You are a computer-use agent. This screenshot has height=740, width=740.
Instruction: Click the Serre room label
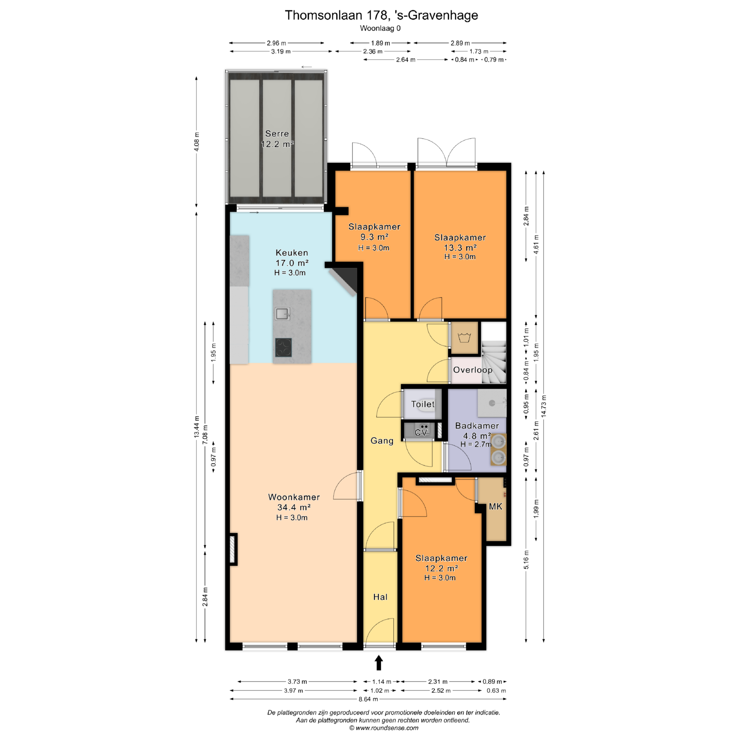277,134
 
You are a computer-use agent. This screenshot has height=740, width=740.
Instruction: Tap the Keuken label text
292,253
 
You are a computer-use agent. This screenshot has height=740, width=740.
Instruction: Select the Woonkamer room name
294,497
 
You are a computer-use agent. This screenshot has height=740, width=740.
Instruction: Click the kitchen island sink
283,314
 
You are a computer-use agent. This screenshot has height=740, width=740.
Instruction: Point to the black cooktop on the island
283,347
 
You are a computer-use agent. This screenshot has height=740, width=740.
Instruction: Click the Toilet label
423,404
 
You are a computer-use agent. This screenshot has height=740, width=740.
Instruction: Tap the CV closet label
420,432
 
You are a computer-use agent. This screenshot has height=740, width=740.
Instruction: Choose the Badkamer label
477,426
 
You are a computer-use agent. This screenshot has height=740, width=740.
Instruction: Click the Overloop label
473,370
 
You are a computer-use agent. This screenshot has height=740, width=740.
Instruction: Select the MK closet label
495,506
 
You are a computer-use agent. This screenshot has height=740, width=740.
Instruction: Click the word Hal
380,597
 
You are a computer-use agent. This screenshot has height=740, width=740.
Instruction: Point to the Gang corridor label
382,441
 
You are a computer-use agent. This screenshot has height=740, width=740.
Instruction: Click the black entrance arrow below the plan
379,663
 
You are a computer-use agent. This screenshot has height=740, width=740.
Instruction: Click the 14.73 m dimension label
543,406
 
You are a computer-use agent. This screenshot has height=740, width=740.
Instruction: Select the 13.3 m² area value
460,247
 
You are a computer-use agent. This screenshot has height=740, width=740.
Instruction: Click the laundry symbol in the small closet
465,338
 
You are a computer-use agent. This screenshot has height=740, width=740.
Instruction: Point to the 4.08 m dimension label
197,141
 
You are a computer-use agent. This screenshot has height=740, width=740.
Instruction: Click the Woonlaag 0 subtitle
380,28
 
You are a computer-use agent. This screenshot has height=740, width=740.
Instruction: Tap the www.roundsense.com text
387,728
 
